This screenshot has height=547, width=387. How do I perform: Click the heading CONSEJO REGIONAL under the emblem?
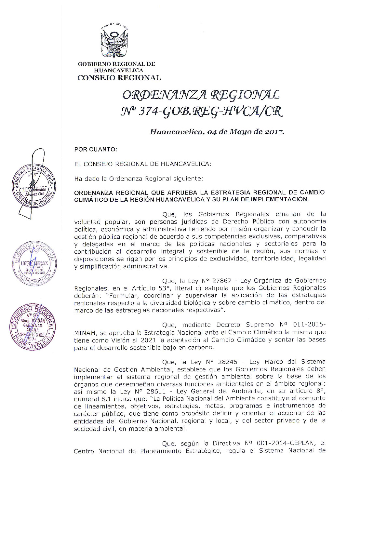click(x=119, y=78)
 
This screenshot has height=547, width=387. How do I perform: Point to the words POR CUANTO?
click(x=95, y=150)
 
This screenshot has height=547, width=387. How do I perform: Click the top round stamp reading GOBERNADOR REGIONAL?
click(x=33, y=188)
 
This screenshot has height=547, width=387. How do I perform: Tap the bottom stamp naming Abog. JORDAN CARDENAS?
click(x=32, y=327)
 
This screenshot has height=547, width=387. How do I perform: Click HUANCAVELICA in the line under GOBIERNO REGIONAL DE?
click(x=118, y=70)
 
